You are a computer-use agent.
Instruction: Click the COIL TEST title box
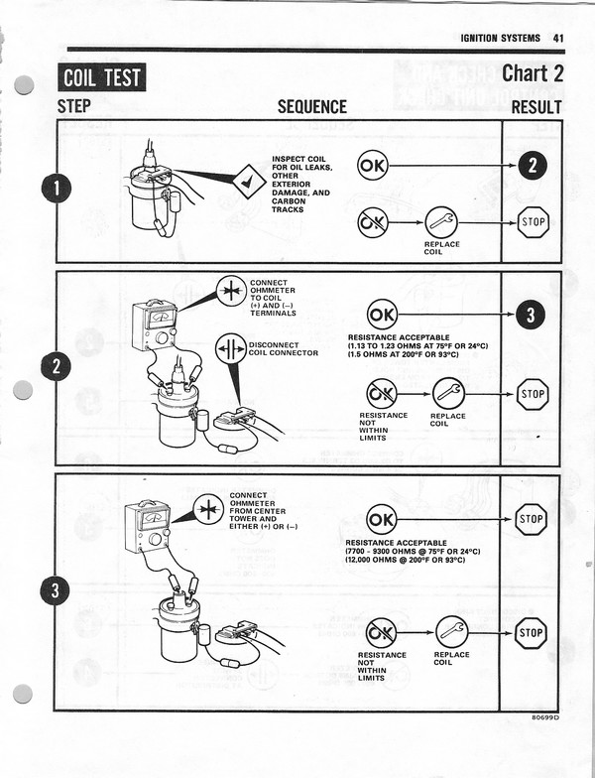click(102, 76)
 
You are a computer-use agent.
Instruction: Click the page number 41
click(558, 38)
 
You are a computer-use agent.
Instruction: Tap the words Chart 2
click(533, 72)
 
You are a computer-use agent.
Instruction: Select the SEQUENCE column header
click(311, 107)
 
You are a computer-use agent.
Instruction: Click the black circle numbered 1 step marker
click(56, 189)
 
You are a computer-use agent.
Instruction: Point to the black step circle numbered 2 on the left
click(56, 367)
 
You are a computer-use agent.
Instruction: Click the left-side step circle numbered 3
click(56, 591)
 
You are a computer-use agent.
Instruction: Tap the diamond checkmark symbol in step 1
click(246, 183)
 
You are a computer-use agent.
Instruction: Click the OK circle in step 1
click(373, 166)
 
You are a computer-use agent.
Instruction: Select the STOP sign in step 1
click(534, 221)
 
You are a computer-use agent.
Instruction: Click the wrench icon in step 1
click(441, 221)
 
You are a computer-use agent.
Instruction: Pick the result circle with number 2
click(533, 166)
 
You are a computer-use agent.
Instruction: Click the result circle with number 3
click(531, 316)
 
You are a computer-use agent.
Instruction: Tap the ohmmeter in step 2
click(155, 326)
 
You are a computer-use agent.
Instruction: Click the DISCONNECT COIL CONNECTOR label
click(283, 348)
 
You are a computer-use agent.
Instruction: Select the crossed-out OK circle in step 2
click(381, 393)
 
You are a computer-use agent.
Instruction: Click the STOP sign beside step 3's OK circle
click(531, 518)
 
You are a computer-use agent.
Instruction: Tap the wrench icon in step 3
click(451, 631)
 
